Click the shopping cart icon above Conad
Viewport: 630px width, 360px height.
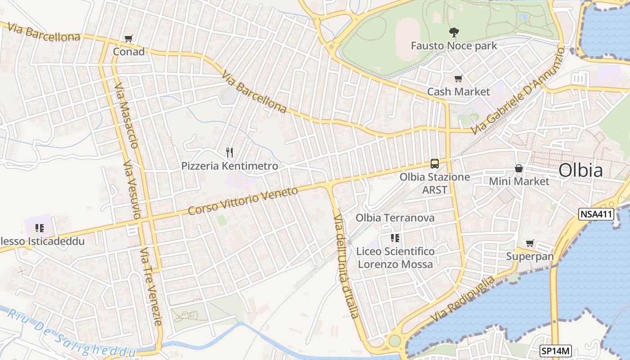(x=128, y=39)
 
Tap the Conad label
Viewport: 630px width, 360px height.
(x=129, y=52)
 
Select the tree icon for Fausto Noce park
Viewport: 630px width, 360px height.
(x=454, y=32)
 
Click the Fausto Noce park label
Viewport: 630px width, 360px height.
(x=454, y=46)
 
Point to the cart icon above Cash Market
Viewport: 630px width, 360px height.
(x=458, y=79)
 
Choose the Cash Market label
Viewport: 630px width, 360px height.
(x=458, y=92)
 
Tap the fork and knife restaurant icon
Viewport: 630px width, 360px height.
(x=229, y=153)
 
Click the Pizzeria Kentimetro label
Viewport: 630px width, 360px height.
(x=229, y=166)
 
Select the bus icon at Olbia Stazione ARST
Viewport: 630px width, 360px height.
(x=434, y=164)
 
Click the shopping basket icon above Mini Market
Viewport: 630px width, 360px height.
(x=519, y=169)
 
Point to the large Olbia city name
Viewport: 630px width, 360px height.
(x=580, y=171)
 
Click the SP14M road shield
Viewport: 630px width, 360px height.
(x=555, y=351)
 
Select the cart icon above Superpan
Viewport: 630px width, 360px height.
(x=530, y=243)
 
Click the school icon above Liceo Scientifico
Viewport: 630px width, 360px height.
(x=395, y=238)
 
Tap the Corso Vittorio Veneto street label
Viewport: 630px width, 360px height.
(x=243, y=201)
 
